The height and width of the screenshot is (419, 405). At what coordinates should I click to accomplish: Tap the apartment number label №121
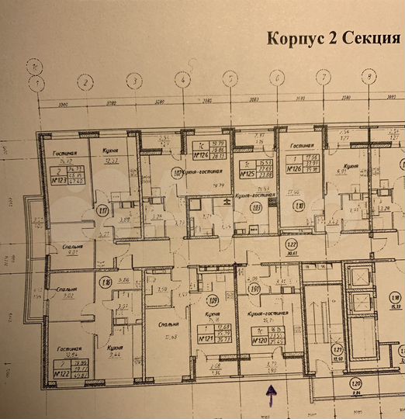tap(206, 338)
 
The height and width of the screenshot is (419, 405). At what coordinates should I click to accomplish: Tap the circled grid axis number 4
tap(182, 78)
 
